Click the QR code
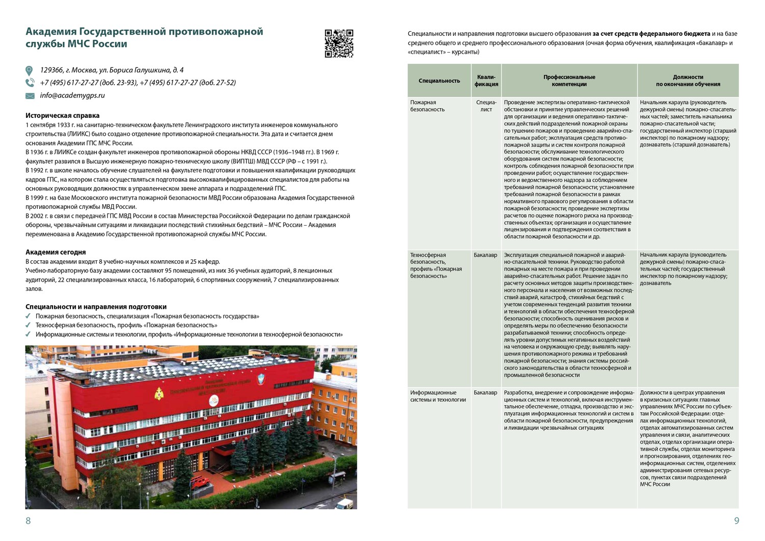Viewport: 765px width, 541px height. [x=339, y=43]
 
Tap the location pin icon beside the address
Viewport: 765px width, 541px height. [x=29, y=70]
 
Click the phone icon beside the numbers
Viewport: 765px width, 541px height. [x=30, y=83]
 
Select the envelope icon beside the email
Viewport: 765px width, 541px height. [x=30, y=96]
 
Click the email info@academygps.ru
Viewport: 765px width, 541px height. [x=72, y=95]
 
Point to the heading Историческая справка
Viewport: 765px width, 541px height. [x=62, y=116]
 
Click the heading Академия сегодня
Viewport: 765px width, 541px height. [x=56, y=252]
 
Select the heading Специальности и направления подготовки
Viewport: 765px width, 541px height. [x=96, y=307]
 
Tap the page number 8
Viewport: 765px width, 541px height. [x=28, y=521]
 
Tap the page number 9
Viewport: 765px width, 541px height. [x=736, y=521]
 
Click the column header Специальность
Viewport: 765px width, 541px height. [x=439, y=81]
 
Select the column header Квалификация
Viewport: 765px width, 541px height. [x=486, y=81]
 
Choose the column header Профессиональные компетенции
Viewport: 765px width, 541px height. [x=569, y=81]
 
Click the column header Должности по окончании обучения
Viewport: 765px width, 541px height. [x=687, y=81]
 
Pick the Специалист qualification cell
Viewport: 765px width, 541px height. [x=486, y=106]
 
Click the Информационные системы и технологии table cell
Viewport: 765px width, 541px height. [x=438, y=396]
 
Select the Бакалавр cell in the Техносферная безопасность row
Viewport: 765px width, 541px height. [x=485, y=255]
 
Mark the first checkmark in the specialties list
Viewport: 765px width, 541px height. [x=28, y=316]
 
